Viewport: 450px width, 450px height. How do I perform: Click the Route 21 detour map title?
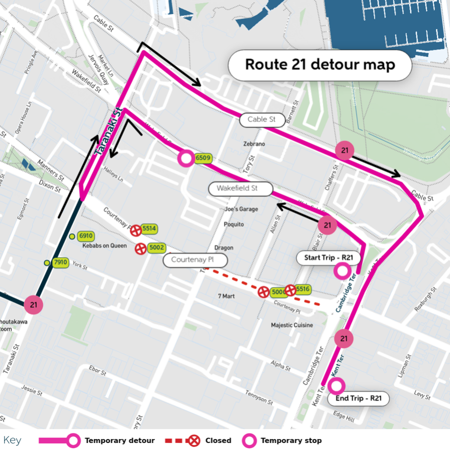coord(319,65)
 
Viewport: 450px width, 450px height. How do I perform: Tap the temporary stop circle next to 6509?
coord(186,159)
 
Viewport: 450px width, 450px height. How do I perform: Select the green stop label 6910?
coord(86,236)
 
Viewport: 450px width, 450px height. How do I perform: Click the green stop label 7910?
coord(60,262)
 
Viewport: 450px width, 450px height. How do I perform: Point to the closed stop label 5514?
coord(149,228)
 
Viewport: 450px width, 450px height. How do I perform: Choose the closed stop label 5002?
coord(156,247)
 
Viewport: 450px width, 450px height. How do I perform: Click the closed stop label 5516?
coord(303,289)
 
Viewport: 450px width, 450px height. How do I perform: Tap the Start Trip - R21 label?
coord(328,258)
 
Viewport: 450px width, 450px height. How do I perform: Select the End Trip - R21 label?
coord(358,398)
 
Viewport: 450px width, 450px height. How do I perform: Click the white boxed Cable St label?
coord(262,120)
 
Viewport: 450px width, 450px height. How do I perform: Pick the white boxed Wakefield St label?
coord(240,189)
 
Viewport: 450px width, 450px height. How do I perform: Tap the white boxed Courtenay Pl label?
coord(195,260)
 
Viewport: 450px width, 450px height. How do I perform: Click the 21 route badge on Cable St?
coord(344,150)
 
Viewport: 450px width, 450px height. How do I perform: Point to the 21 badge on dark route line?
coord(33,304)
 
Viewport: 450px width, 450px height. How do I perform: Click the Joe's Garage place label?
coord(241,209)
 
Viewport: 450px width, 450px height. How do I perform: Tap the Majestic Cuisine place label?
coord(292,325)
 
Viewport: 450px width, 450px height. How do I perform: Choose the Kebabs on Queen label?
coord(104,246)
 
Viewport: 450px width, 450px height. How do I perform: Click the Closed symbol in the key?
coord(194,440)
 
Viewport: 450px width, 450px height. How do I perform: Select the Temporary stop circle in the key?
coord(249,440)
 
